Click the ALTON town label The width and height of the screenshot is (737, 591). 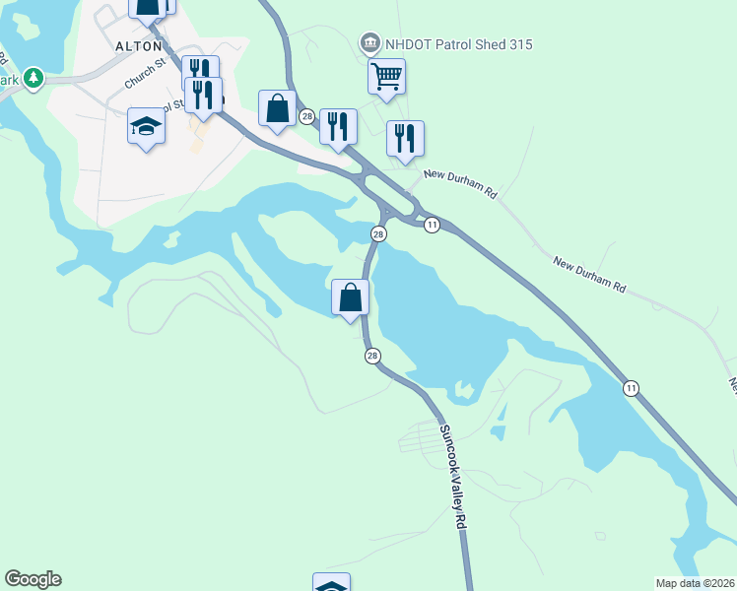(139, 46)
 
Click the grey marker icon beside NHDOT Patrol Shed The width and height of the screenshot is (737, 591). (369, 42)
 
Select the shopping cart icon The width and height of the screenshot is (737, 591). (386, 75)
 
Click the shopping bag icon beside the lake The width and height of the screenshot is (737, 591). (350, 295)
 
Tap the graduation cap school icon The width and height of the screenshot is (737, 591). (145, 126)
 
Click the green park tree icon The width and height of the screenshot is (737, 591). (34, 77)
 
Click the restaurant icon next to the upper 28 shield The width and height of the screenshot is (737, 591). (338, 126)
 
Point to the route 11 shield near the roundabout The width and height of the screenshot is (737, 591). (432, 226)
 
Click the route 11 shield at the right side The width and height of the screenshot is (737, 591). (631, 389)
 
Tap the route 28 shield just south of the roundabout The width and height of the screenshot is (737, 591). (378, 233)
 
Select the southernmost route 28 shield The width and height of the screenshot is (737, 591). (372, 356)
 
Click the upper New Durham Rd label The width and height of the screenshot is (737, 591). (460, 184)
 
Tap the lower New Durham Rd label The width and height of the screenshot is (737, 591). (589, 276)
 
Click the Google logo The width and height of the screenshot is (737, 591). (33, 579)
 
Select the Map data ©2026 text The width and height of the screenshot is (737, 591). (695, 582)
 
